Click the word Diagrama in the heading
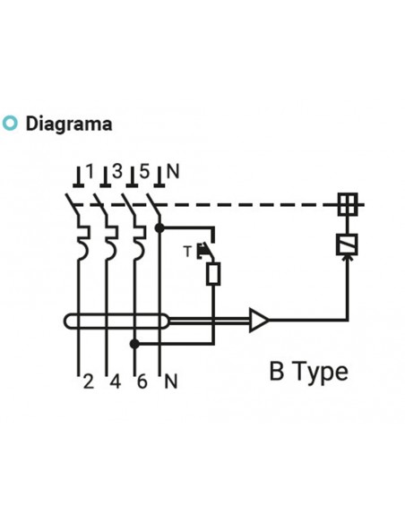click(x=69, y=124)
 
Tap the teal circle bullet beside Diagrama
click(x=11, y=124)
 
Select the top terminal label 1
click(x=90, y=169)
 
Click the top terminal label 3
click(x=116, y=169)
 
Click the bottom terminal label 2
click(x=88, y=382)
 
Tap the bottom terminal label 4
click(x=114, y=382)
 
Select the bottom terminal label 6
click(x=141, y=382)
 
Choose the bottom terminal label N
click(x=170, y=382)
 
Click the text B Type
click(x=308, y=371)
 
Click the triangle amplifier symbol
click(x=259, y=321)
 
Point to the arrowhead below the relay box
click(x=347, y=261)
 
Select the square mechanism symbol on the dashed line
click(x=347, y=204)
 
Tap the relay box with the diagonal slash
click(x=347, y=244)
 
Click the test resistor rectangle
click(x=213, y=272)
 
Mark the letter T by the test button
click(x=188, y=250)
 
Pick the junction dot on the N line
click(x=159, y=228)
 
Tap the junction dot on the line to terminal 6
click(x=134, y=343)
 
